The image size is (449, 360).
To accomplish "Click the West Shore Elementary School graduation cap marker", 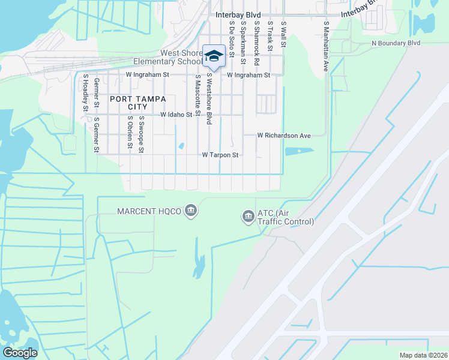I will pyautogui.click(x=214, y=56).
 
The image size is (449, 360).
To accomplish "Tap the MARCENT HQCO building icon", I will pyautogui.click(x=191, y=211).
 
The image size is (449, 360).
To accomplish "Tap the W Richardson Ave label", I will pyautogui.click(x=284, y=136).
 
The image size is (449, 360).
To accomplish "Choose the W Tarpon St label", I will pyautogui.click(x=220, y=155).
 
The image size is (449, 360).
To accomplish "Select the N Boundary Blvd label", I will pyautogui.click(x=396, y=43).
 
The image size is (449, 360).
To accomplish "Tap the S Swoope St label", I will pyautogui.click(x=141, y=135).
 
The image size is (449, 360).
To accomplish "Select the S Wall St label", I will pyautogui.click(x=283, y=34).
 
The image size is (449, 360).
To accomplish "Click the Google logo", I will pyautogui.click(x=20, y=353).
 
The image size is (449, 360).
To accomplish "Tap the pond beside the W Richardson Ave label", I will pyautogui.click(x=299, y=151).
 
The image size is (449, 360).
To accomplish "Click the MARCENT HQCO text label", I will pyautogui.click(x=150, y=211).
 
